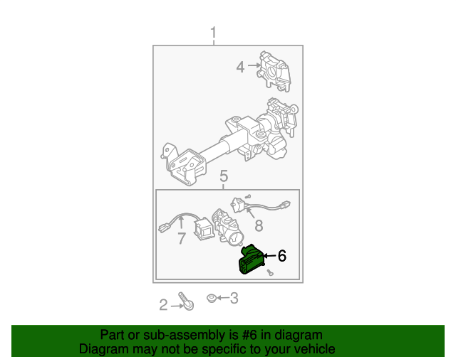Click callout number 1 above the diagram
pos(214,33)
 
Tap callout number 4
pos(240,67)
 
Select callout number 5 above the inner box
pos(224,176)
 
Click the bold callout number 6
pos(282,256)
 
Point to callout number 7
pos(182,238)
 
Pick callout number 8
pos(259,225)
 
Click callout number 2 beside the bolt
pos(163,305)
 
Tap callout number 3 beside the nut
pos(234,298)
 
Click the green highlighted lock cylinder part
pos(252,259)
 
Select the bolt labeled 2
pos(186,301)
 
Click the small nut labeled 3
pos(211,298)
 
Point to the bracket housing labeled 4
pos(274,71)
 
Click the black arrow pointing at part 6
pos(269,256)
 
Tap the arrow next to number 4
pos(254,65)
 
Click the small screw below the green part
pos(270,272)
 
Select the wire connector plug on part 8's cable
pos(285,204)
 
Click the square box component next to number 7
pos(204,230)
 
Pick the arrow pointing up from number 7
pos(181,222)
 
